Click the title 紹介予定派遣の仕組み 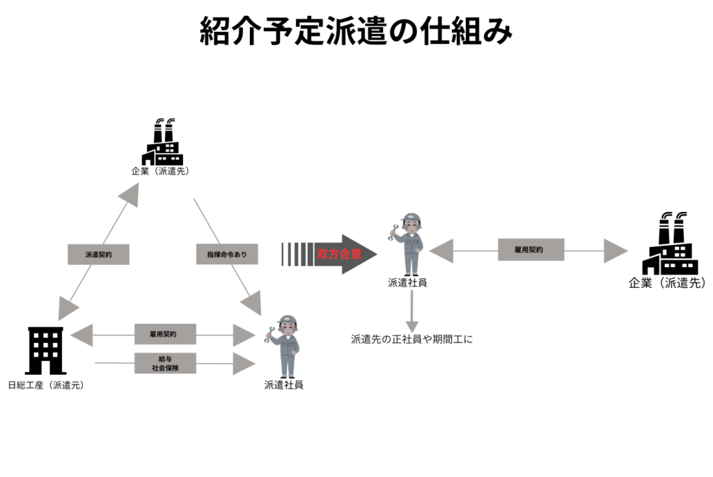[x=356, y=31]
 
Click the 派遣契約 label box [x=98, y=254]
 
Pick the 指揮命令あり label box [x=227, y=254]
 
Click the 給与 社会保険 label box [x=165, y=363]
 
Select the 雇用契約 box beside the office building [x=165, y=334]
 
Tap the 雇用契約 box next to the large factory [x=531, y=249]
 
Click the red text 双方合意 [x=339, y=254]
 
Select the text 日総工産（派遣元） [x=46, y=385]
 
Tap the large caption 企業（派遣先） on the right [x=667, y=283]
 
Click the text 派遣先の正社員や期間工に [x=412, y=340]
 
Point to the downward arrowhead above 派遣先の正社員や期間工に [x=412, y=325]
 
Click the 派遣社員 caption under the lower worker [x=283, y=385]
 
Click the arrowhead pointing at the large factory [x=615, y=250]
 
